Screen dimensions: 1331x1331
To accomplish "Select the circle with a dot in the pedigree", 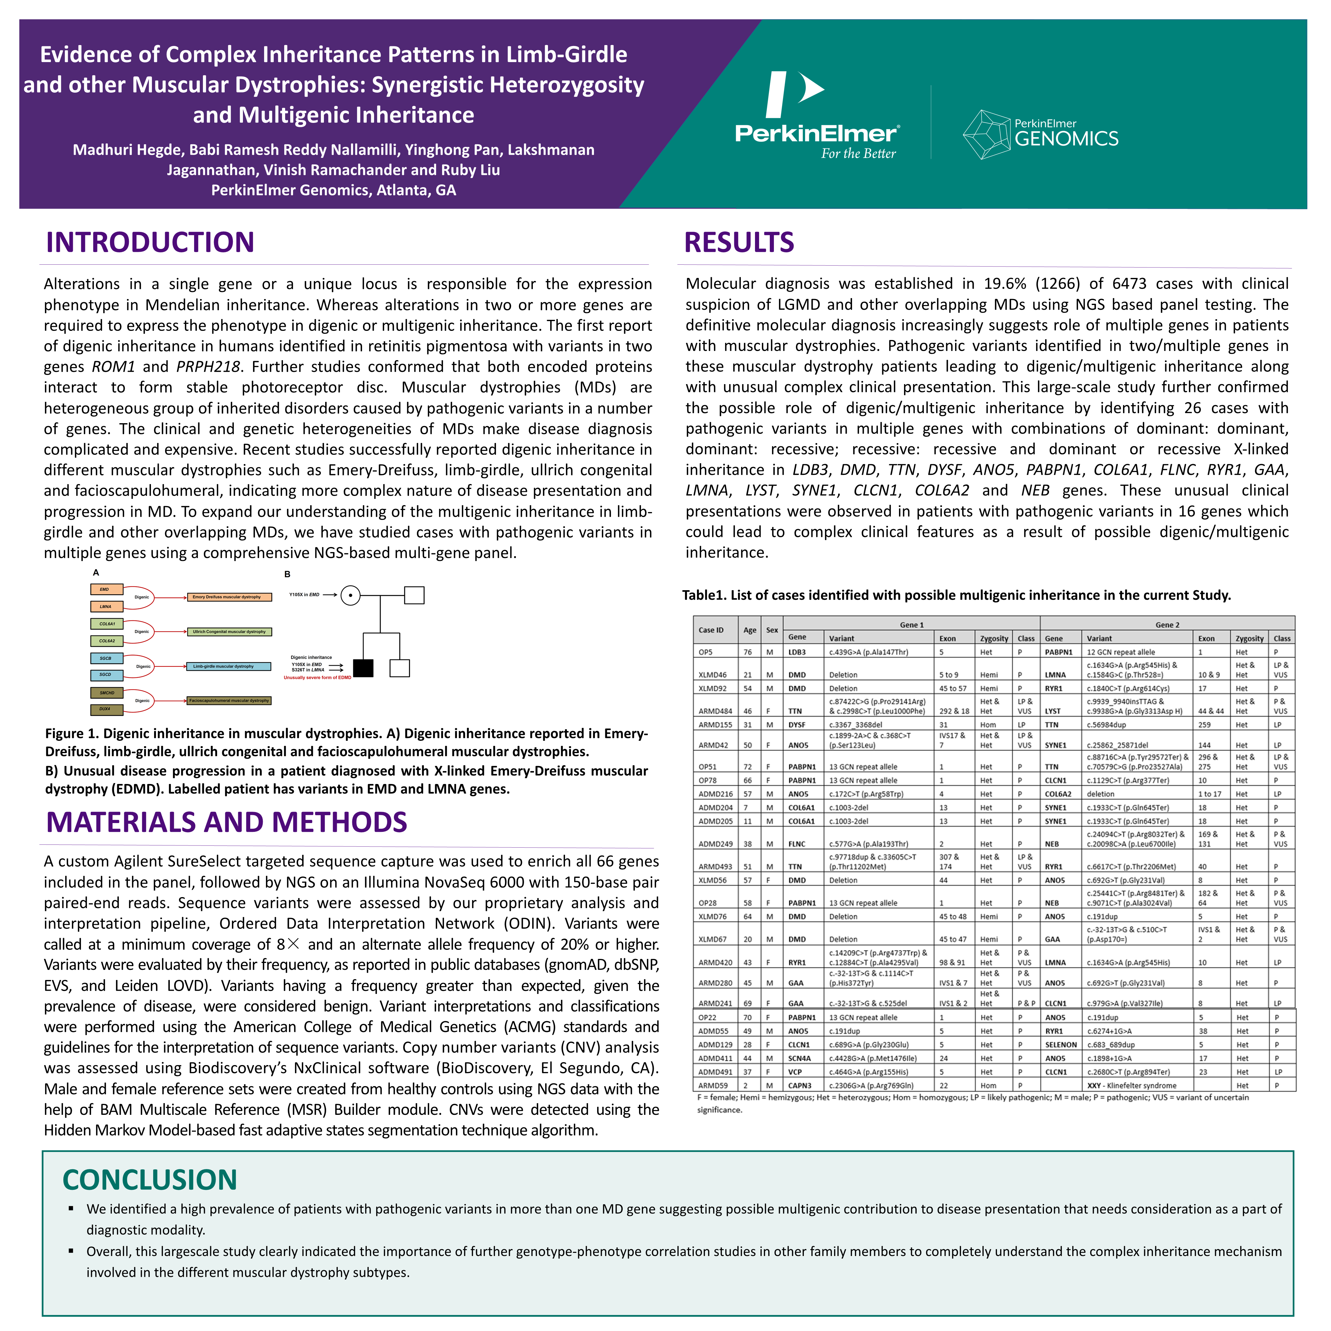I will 351,595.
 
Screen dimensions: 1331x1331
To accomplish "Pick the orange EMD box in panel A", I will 107,589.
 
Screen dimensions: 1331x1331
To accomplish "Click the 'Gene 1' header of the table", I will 912,625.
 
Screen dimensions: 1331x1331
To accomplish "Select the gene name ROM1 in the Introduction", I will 114,366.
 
